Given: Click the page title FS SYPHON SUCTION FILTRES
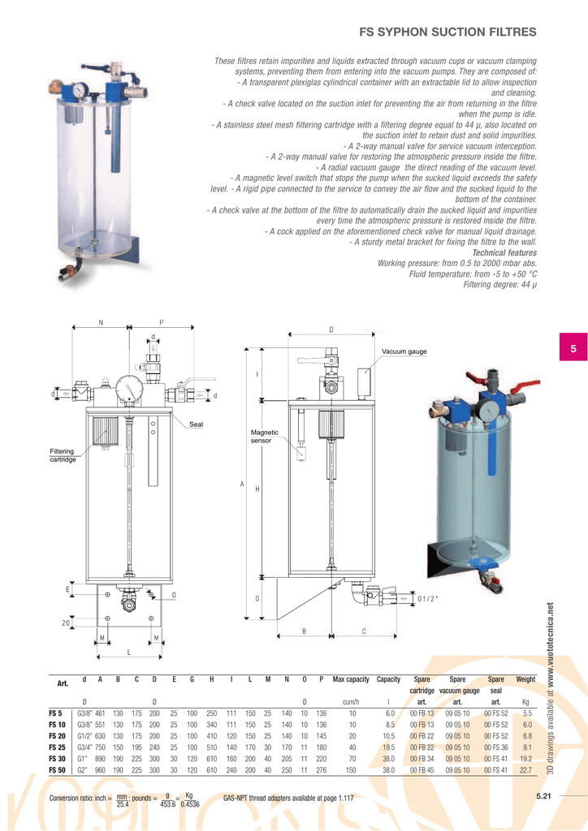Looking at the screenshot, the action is coord(447,32).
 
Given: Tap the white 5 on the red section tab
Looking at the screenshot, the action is coord(573,349).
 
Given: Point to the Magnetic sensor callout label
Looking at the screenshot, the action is coord(265,437).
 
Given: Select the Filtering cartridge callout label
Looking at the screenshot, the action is coord(62,455).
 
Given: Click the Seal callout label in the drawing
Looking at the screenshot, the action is coord(196,424).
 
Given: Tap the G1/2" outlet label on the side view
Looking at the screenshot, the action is coord(428,599).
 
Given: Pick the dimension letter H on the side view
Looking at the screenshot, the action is coord(257,489).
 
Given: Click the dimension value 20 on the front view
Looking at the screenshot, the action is coord(65,622).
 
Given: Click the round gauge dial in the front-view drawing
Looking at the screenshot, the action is coord(128,390).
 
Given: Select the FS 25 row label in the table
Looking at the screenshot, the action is coord(57,747).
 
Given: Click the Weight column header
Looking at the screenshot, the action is coord(525,678).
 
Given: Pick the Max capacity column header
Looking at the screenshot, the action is coord(351,678).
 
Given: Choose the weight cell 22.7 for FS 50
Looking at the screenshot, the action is coord(526,769).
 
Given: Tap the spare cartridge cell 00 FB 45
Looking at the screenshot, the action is coord(422,769).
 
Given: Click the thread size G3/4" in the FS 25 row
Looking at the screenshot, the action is coord(85,747).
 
